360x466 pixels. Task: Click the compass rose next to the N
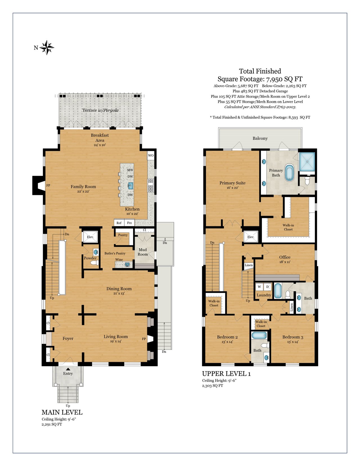(47, 48)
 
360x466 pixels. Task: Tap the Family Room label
(83, 186)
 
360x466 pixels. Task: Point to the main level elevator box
(90, 237)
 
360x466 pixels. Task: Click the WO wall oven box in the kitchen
(151, 156)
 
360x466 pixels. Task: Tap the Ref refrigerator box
(119, 223)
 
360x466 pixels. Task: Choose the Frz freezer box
(129, 223)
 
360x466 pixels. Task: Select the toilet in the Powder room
(94, 263)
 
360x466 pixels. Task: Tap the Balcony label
(260, 138)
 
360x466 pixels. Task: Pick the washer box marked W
(259, 287)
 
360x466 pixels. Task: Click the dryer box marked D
(267, 287)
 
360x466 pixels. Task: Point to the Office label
(285, 257)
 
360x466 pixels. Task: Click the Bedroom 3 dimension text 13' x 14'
(293, 342)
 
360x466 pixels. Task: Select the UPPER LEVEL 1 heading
(226, 374)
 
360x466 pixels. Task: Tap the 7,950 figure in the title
(274, 79)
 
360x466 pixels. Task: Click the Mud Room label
(143, 252)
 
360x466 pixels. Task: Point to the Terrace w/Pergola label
(100, 110)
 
